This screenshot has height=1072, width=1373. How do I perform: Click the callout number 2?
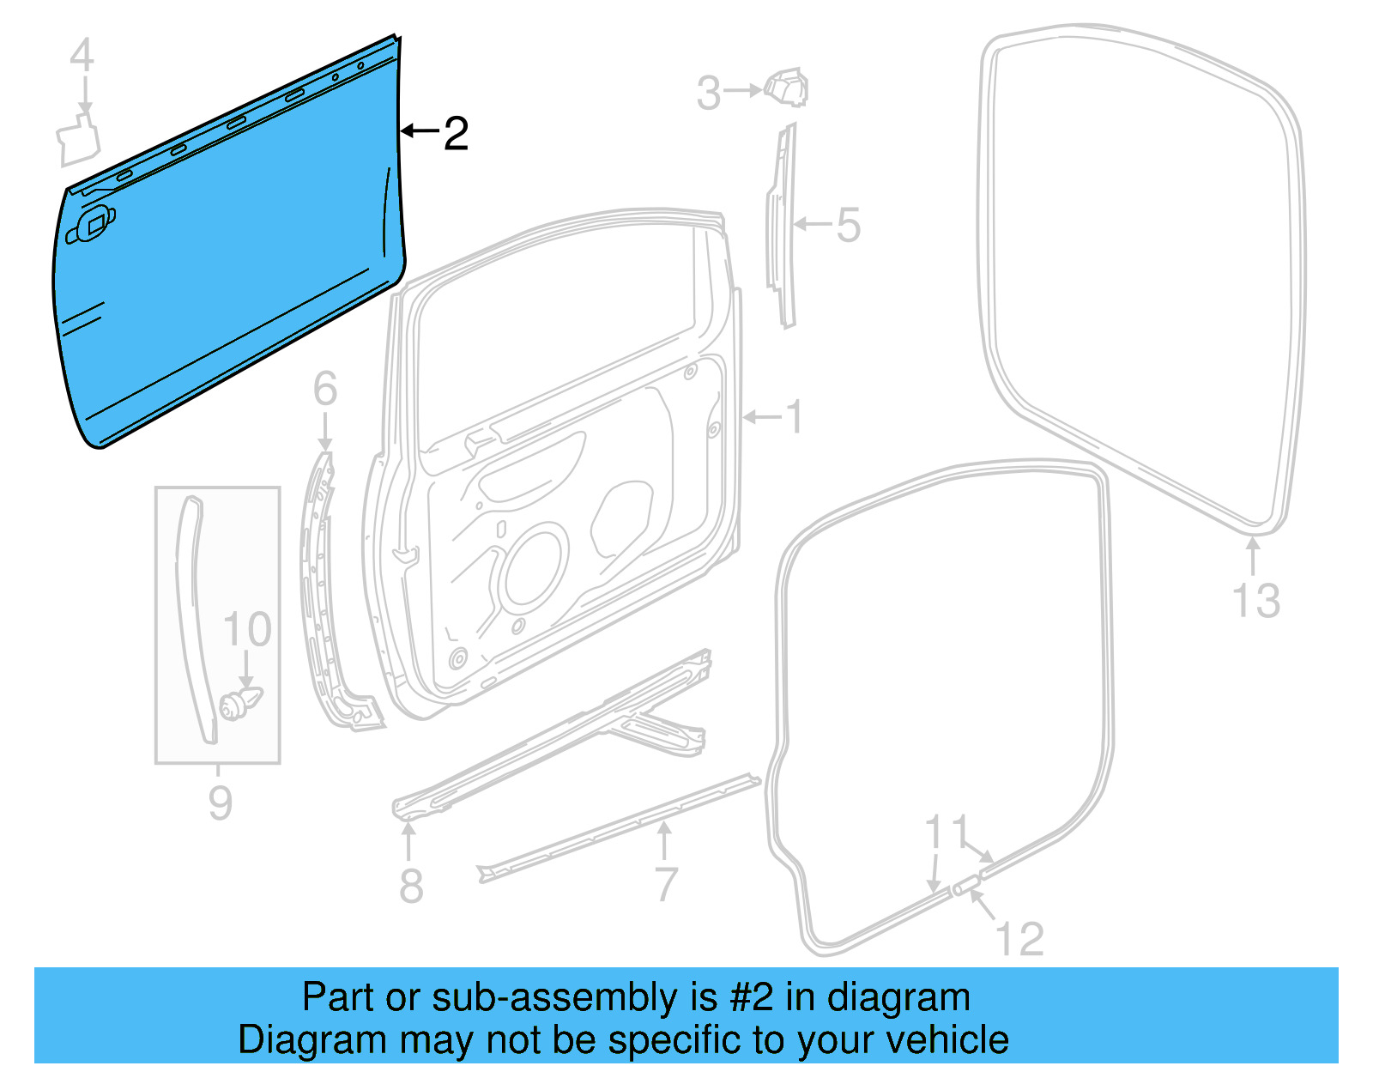pos(456,134)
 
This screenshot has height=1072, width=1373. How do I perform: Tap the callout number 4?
pos(82,57)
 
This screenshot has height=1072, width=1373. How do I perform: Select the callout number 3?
pos(708,93)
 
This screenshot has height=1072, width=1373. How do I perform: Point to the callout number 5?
pos(848,225)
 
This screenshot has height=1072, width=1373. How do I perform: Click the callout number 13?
pos(1255,601)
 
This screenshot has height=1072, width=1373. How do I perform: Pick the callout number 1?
pos(795,418)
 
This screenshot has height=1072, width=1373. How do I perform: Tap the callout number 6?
pos(324,389)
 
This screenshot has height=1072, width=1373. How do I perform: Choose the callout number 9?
pos(221,802)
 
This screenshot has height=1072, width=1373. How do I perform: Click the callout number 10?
pos(247,630)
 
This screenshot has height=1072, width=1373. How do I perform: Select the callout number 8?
pos(411,885)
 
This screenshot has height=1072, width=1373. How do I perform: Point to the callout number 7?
pos(666,884)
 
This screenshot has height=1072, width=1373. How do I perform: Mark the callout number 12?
pos(1020,939)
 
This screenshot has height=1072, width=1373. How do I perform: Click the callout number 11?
pos(947,832)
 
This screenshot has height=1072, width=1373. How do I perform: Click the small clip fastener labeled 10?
pos(238,704)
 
